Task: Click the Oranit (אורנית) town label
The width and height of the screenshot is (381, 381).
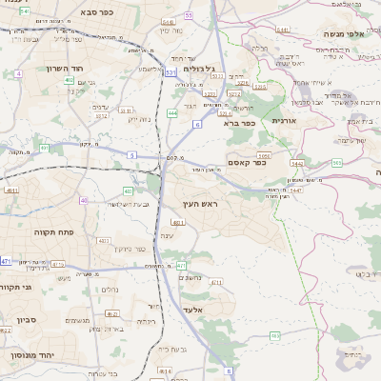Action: point(284,120)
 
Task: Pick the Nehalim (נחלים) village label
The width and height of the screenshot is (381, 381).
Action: point(110,290)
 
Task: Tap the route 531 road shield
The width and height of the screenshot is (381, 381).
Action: point(170,72)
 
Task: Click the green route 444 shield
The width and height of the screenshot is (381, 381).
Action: point(172,112)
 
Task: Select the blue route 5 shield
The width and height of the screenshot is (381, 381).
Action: point(131,154)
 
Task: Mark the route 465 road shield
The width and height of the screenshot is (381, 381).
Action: point(275,335)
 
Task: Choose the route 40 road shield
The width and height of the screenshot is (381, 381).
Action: point(84,200)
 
